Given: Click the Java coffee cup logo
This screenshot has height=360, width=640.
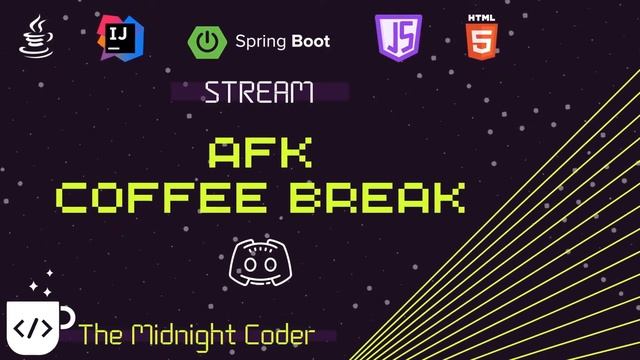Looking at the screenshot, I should (36, 37).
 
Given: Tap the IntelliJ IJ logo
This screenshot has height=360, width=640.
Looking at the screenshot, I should (121, 38).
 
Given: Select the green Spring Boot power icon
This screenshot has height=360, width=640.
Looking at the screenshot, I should (207, 42).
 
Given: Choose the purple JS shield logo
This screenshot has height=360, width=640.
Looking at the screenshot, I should (398, 37).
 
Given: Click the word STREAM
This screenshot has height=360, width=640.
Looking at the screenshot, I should (259, 93).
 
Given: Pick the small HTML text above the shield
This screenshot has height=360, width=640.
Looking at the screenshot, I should (482, 18).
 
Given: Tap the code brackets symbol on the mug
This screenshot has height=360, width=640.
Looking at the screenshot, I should (33, 329).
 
